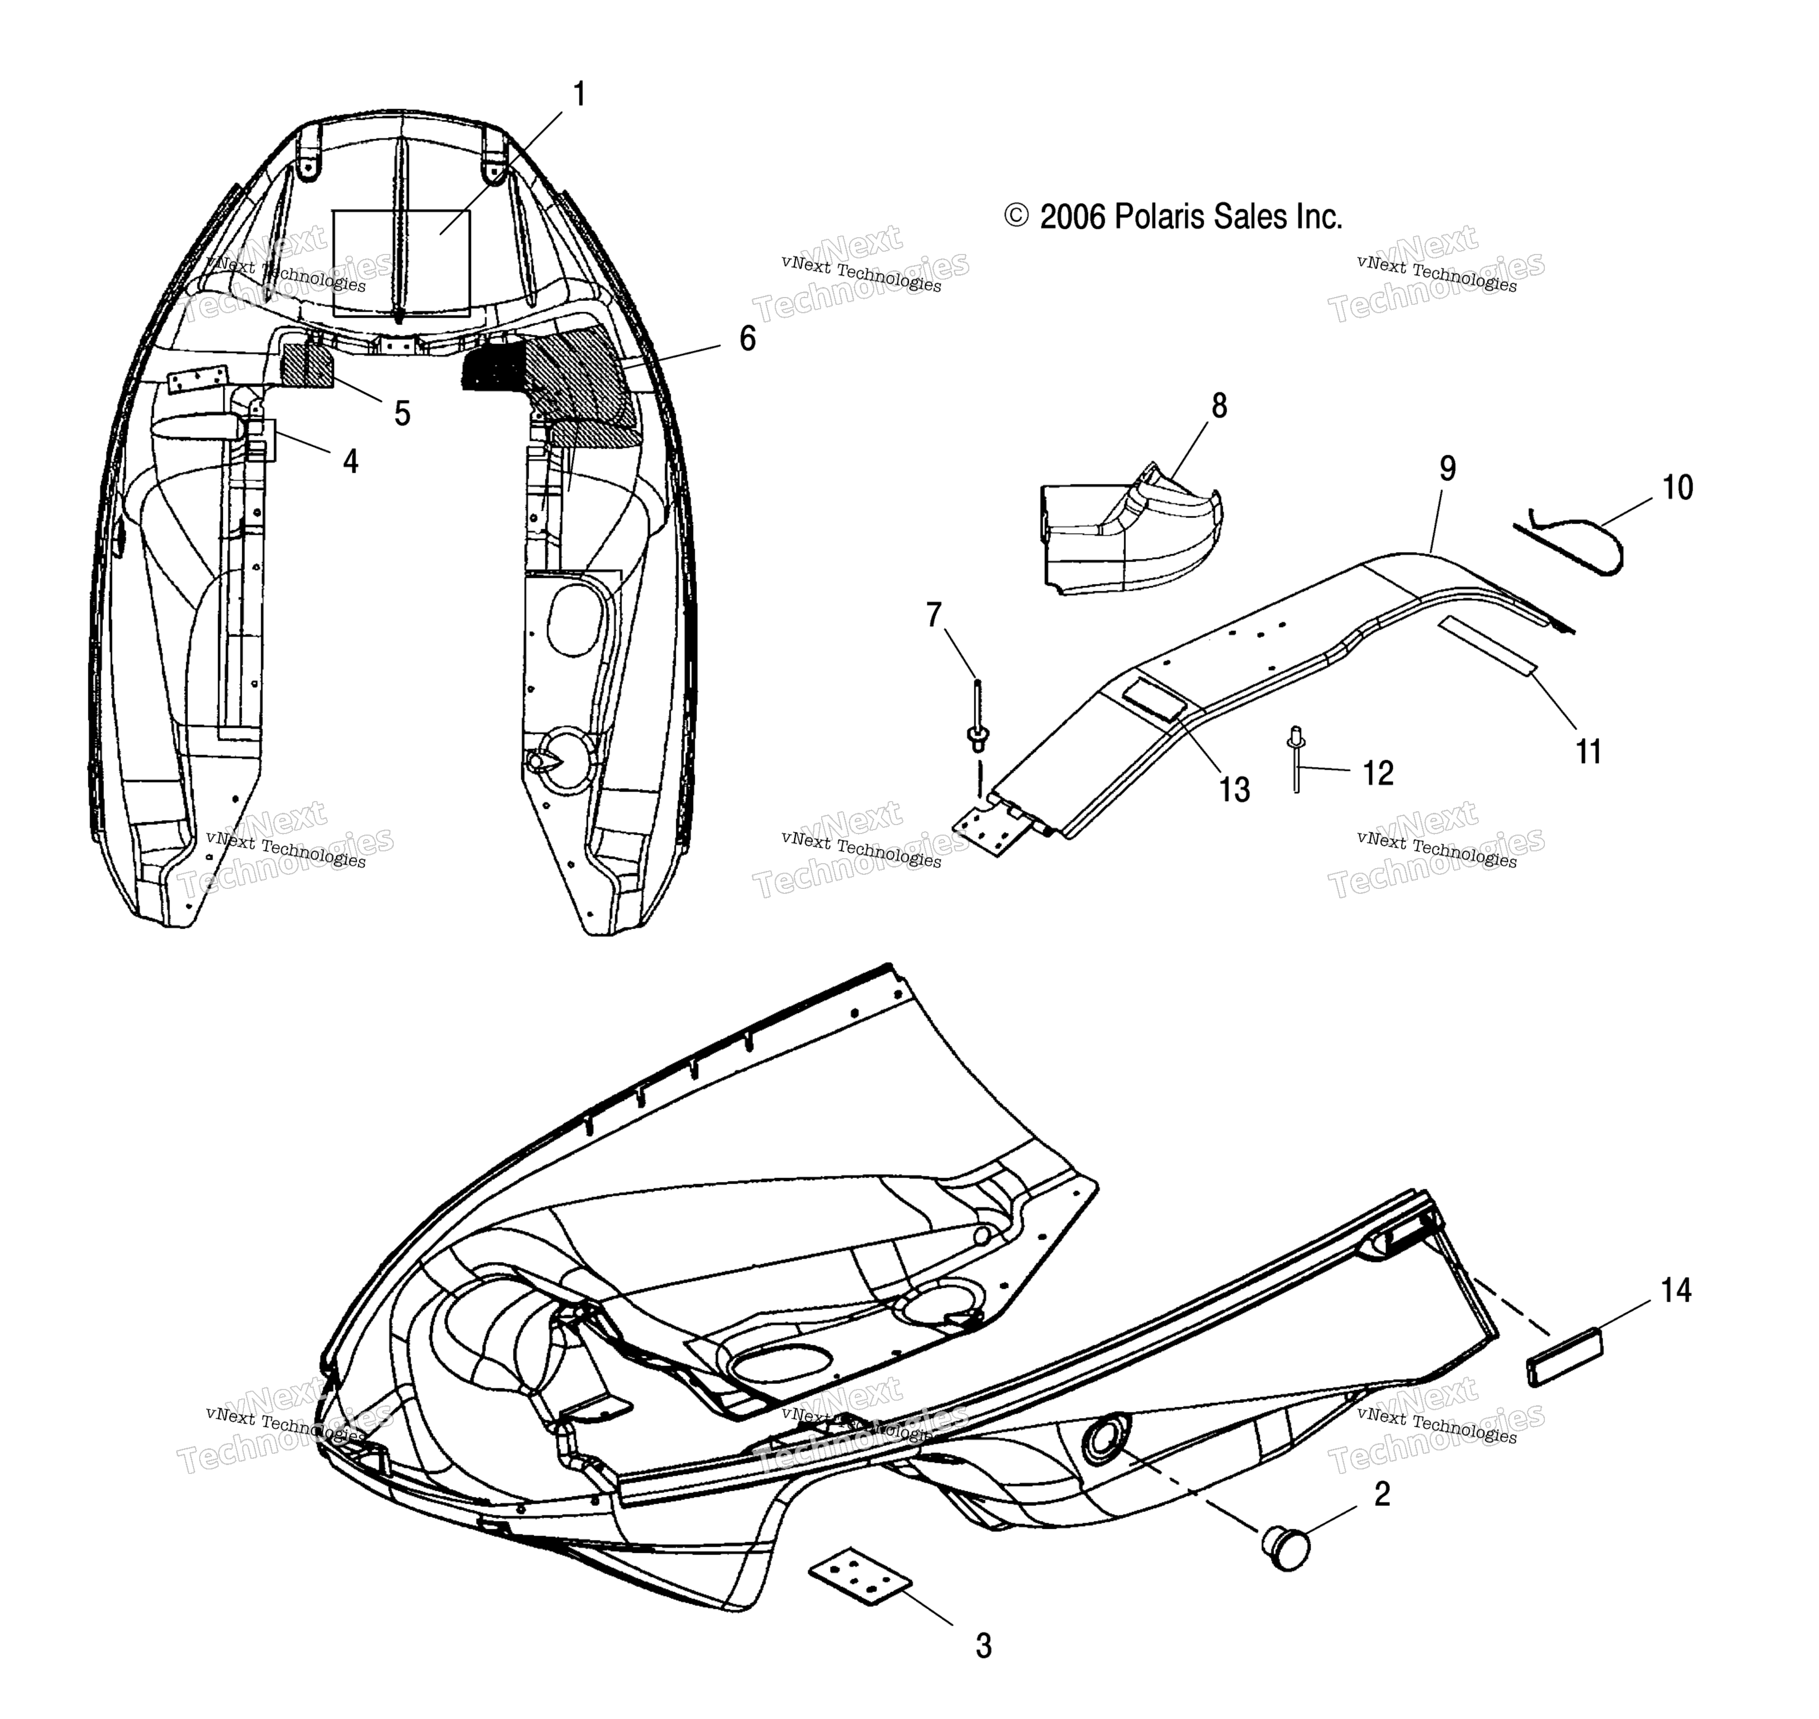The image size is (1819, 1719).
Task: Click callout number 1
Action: coord(578,95)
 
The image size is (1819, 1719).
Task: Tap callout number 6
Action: coord(748,339)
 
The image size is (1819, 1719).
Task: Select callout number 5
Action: coord(402,413)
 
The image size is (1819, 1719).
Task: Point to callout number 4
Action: coord(351,461)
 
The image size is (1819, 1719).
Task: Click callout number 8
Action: coord(1219,406)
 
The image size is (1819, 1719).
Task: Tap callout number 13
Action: coord(1234,790)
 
